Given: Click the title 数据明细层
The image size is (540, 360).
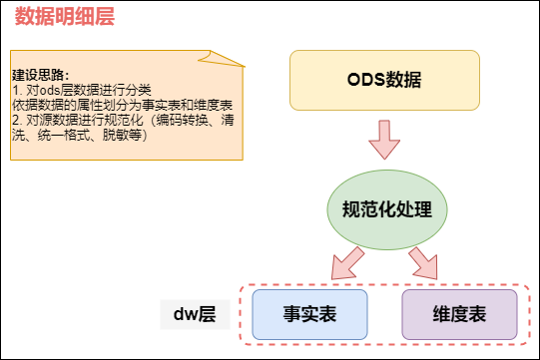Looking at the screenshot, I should click(x=64, y=20).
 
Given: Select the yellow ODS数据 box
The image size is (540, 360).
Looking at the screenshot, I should click(x=384, y=79).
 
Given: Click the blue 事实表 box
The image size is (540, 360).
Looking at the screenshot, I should click(x=309, y=314).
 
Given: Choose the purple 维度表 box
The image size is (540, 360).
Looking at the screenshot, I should click(x=459, y=314).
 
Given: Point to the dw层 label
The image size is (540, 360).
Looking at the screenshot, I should click(x=196, y=315).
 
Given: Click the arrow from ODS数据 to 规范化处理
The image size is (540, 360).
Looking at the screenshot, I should click(x=383, y=141).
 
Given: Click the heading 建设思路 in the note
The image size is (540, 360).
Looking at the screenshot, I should click(x=39, y=75).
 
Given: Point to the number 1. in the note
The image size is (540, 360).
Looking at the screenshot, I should click(x=17, y=89).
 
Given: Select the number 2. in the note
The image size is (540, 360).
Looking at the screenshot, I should click(x=17, y=119).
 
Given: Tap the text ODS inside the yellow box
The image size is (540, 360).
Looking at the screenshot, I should click(x=365, y=79).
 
